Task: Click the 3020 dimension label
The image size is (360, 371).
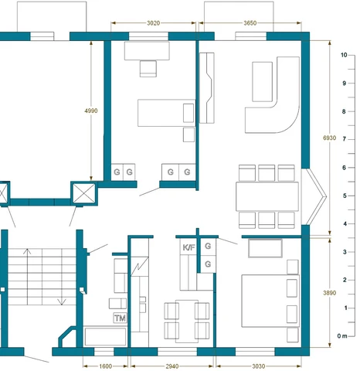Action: (153, 23)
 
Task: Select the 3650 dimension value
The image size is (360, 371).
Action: (250, 23)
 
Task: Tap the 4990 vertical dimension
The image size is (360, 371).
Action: (91, 111)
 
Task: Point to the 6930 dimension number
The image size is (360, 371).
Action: (329, 138)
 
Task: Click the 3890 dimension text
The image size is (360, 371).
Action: (329, 293)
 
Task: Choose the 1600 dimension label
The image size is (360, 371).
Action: (106, 366)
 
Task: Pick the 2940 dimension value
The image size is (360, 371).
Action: (172, 366)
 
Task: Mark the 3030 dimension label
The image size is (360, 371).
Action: (258, 366)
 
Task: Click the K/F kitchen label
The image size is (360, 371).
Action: (188, 247)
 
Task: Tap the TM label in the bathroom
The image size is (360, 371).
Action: (120, 318)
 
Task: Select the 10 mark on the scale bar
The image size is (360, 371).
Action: (344, 55)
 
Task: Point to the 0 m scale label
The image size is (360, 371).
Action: (342, 336)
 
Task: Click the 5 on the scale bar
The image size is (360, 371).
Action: (345, 196)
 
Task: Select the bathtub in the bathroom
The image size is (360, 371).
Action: (105, 336)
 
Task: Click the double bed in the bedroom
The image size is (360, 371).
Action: (270, 301)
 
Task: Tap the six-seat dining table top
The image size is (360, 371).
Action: (267, 196)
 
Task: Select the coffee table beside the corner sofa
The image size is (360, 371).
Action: (262, 82)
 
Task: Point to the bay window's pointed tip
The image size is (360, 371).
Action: (326, 196)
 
